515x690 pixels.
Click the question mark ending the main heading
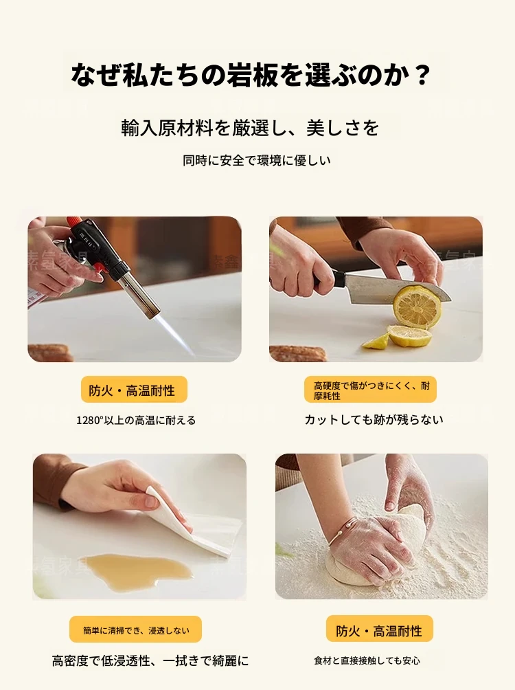click(422, 75)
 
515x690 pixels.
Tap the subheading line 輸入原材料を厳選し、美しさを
click(250, 128)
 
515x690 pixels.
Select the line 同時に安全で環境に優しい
click(256, 161)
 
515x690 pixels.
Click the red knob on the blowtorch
click(73, 223)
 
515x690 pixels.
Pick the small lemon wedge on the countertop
click(376, 342)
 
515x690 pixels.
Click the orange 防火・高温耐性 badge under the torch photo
click(134, 390)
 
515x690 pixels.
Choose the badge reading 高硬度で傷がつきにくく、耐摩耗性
click(370, 390)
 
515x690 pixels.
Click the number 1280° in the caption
click(89, 420)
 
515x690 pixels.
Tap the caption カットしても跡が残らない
click(374, 419)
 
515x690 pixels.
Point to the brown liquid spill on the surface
click(137, 568)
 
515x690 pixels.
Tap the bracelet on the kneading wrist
click(341, 533)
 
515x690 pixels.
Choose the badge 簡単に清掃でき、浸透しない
click(135, 630)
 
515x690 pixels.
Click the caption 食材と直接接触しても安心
click(367, 660)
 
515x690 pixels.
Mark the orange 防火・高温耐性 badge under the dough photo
click(380, 630)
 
